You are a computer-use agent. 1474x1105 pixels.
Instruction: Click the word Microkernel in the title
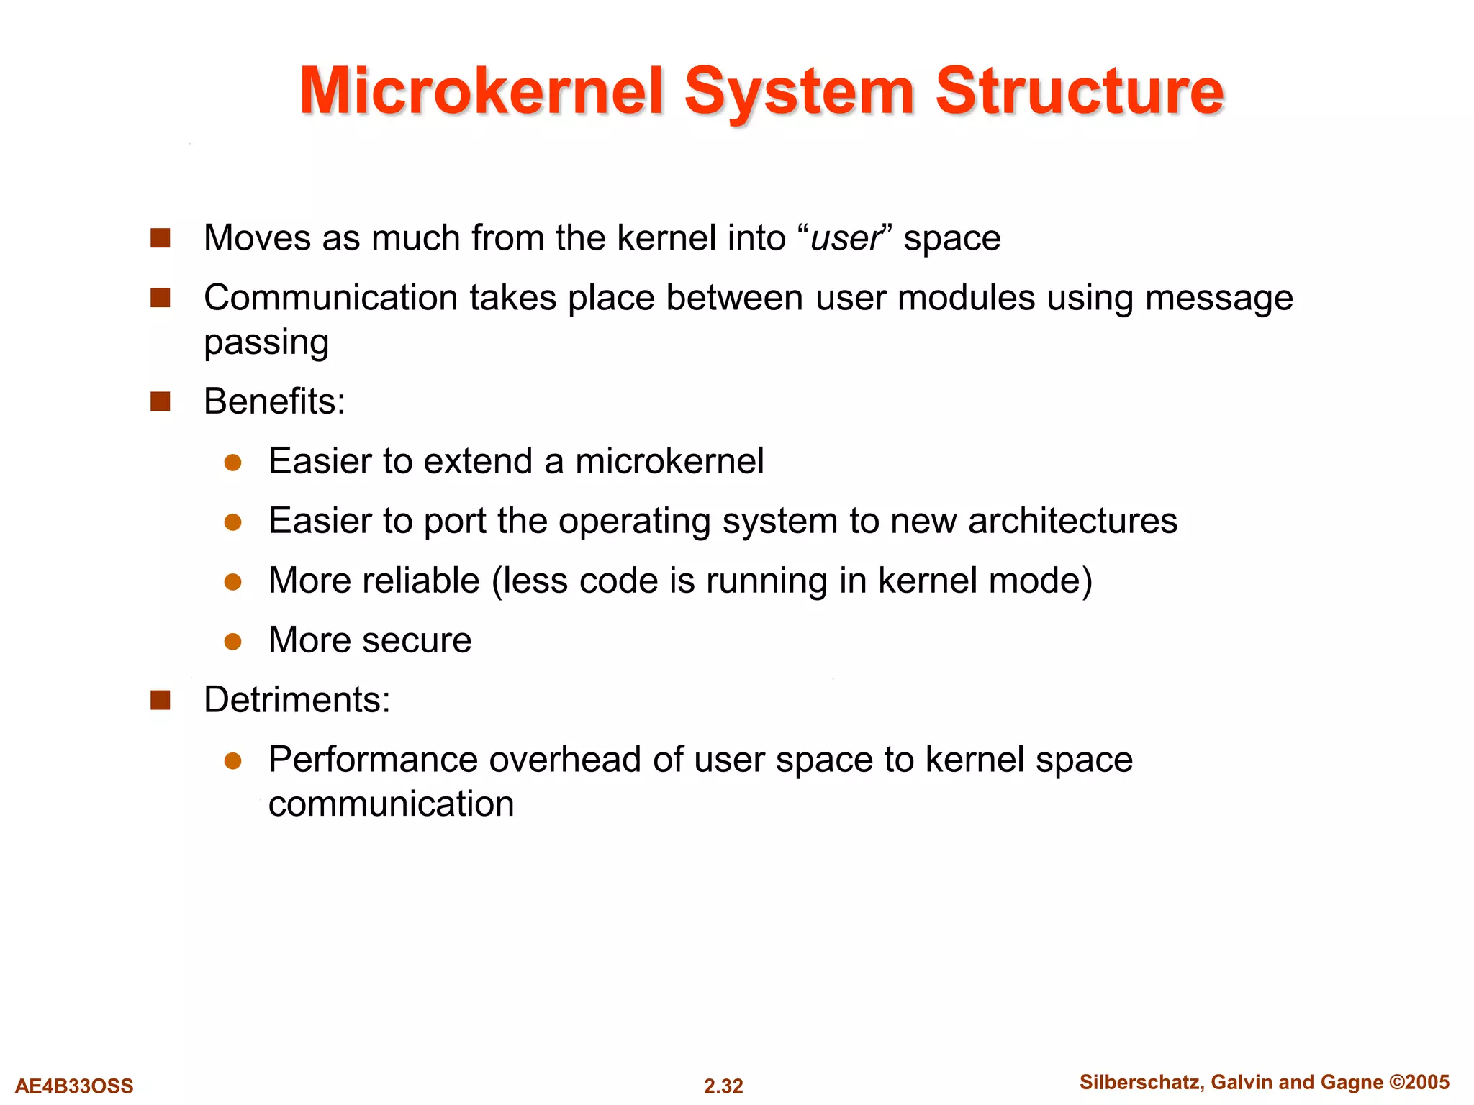tap(481, 92)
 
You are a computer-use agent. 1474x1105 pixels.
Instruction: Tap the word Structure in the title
tap(1079, 92)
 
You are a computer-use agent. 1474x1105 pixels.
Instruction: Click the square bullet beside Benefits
tap(160, 401)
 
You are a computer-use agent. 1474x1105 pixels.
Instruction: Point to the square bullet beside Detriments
tap(160, 700)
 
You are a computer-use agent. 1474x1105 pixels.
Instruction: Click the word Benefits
tap(274, 401)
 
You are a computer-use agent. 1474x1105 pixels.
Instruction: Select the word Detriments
tap(297, 700)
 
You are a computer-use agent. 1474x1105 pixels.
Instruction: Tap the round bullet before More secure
tap(232, 641)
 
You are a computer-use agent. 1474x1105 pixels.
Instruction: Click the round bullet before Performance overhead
tap(232, 760)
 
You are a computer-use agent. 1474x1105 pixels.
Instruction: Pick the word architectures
tap(1072, 521)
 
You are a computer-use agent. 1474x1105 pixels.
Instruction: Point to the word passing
tap(266, 342)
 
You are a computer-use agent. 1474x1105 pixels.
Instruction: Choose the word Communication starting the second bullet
tap(330, 298)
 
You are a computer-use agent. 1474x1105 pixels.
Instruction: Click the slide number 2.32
tap(723, 1086)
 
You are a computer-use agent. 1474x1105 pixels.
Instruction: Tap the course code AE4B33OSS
tap(74, 1086)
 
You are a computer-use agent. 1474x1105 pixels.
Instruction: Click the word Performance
tap(373, 760)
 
